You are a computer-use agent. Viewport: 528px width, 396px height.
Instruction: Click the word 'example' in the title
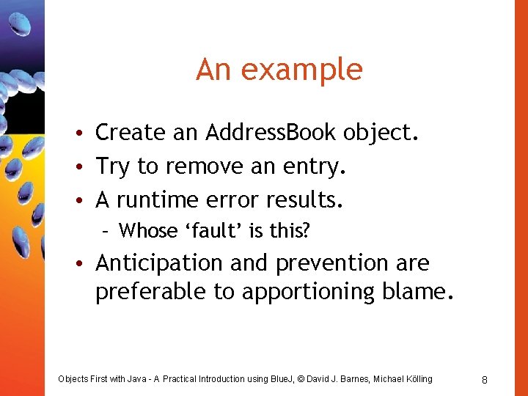click(301, 70)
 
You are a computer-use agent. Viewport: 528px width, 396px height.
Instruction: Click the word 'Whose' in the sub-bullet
click(147, 231)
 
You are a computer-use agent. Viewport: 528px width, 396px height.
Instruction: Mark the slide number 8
click(485, 379)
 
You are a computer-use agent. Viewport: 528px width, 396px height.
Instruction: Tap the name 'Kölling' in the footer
click(417, 379)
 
